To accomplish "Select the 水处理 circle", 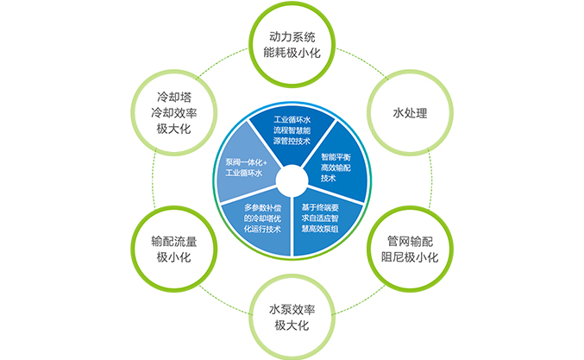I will coord(410,112).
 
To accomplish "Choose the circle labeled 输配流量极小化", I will coord(173,247).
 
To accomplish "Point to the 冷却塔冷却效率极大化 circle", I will coord(173,112).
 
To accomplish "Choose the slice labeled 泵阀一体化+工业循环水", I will coord(246,167).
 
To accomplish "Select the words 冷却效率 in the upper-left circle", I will coord(173,112).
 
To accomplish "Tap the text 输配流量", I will coord(173,240).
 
